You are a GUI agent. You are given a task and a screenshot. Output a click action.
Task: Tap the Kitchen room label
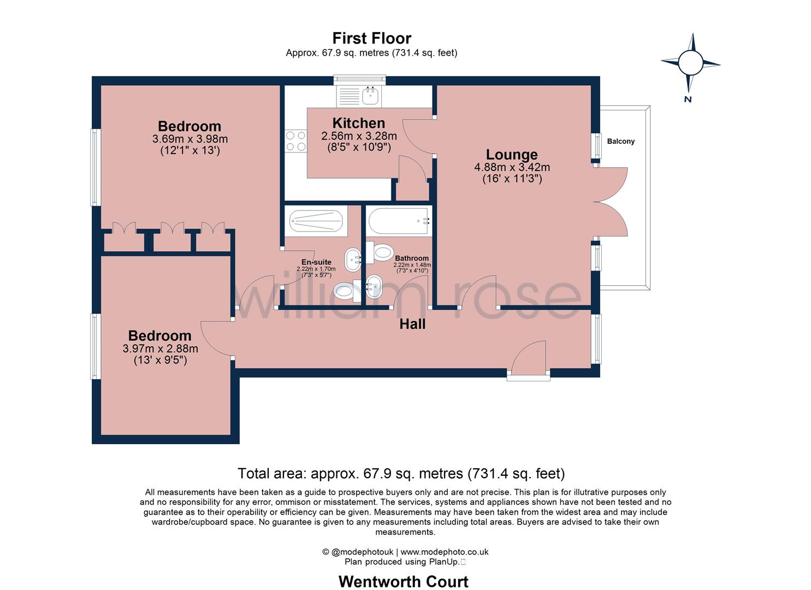pyautogui.click(x=358, y=123)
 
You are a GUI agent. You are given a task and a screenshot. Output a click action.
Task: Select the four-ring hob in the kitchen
pyautogui.click(x=295, y=140)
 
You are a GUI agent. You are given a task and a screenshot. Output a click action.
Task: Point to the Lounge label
pyautogui.click(x=512, y=155)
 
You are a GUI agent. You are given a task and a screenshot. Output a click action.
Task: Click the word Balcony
pyautogui.click(x=621, y=141)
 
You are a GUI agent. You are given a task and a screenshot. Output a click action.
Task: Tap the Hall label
pyautogui.click(x=412, y=324)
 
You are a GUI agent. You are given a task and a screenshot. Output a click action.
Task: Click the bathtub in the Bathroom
pyautogui.click(x=399, y=221)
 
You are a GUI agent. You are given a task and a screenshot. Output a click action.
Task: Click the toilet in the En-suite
pyautogui.click(x=345, y=291)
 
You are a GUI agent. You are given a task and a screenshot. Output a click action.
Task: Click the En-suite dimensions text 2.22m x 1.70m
pyautogui.click(x=316, y=269)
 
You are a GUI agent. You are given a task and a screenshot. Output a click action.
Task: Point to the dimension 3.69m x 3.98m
pyautogui.click(x=190, y=139)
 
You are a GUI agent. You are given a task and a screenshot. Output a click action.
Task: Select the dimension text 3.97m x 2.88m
pyautogui.click(x=160, y=349)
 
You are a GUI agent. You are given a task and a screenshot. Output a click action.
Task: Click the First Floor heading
pyautogui.click(x=371, y=38)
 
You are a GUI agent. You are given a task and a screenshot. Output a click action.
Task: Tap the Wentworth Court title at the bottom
pyautogui.click(x=403, y=581)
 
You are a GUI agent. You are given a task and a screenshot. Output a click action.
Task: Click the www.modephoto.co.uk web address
pyautogui.click(x=445, y=552)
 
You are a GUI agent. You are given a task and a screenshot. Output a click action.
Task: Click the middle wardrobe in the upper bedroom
pyautogui.click(x=173, y=239)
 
